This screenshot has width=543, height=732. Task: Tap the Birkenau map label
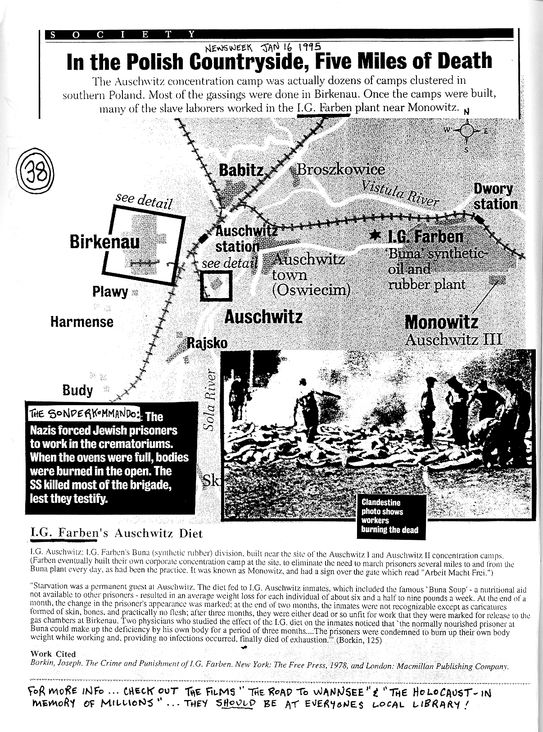pos(104,242)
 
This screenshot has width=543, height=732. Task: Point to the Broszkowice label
pos(340,170)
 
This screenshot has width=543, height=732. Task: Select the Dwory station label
pos(495,196)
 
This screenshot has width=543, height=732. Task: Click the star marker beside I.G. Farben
pos(374,235)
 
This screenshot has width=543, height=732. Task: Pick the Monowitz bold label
pos(441,322)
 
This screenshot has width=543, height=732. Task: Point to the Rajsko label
pos(207,343)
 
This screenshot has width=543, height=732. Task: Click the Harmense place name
pos(81,322)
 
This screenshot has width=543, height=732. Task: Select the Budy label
pos(77,390)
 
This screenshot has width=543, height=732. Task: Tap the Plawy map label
pos(110,292)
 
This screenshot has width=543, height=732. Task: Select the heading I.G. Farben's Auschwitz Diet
pos(116,533)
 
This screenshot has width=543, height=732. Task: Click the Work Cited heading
pos(53,654)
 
